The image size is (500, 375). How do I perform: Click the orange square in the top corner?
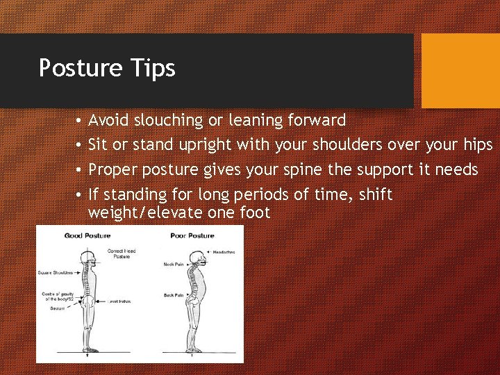[x=460, y=71]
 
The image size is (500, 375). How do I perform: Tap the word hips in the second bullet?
[x=477, y=145]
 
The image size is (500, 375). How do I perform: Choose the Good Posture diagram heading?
[x=87, y=236]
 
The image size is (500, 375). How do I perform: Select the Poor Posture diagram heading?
[x=192, y=236]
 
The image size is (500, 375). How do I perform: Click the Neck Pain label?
[x=173, y=265]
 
